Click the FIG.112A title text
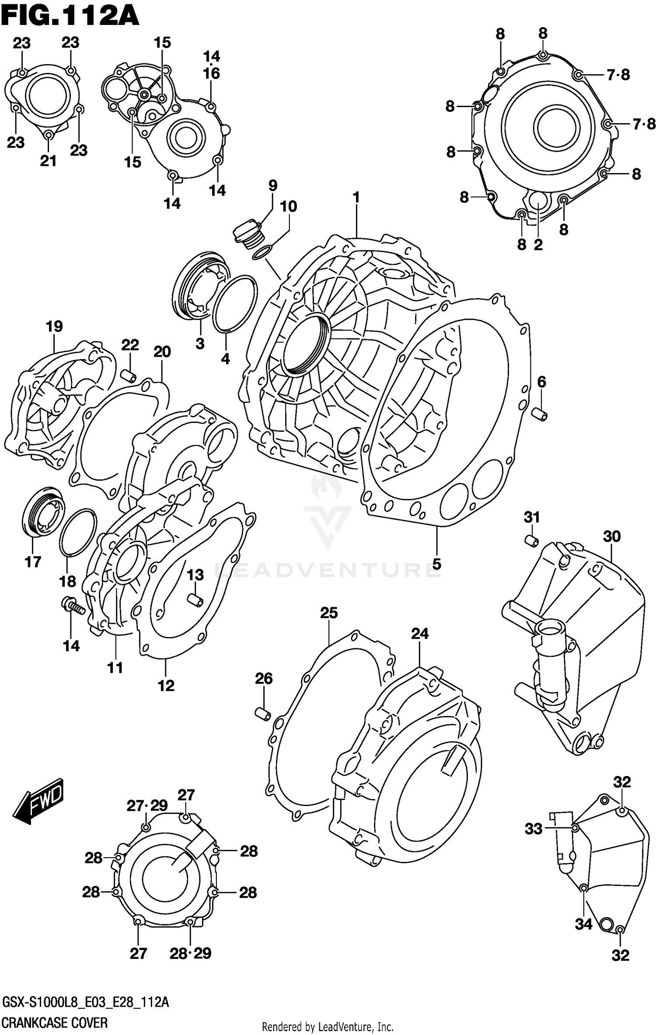pyautogui.click(x=70, y=17)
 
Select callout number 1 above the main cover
pyautogui.click(x=356, y=197)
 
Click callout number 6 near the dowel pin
pyautogui.click(x=541, y=382)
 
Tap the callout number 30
pyautogui.click(x=611, y=536)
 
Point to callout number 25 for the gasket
pyautogui.click(x=329, y=613)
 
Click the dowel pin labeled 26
pyautogui.click(x=263, y=714)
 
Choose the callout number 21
pyautogui.click(x=49, y=161)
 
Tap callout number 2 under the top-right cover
pyautogui.click(x=538, y=244)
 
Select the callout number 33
pyautogui.click(x=534, y=829)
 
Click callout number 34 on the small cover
pyautogui.click(x=583, y=924)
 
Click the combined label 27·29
pyautogui.click(x=147, y=806)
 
